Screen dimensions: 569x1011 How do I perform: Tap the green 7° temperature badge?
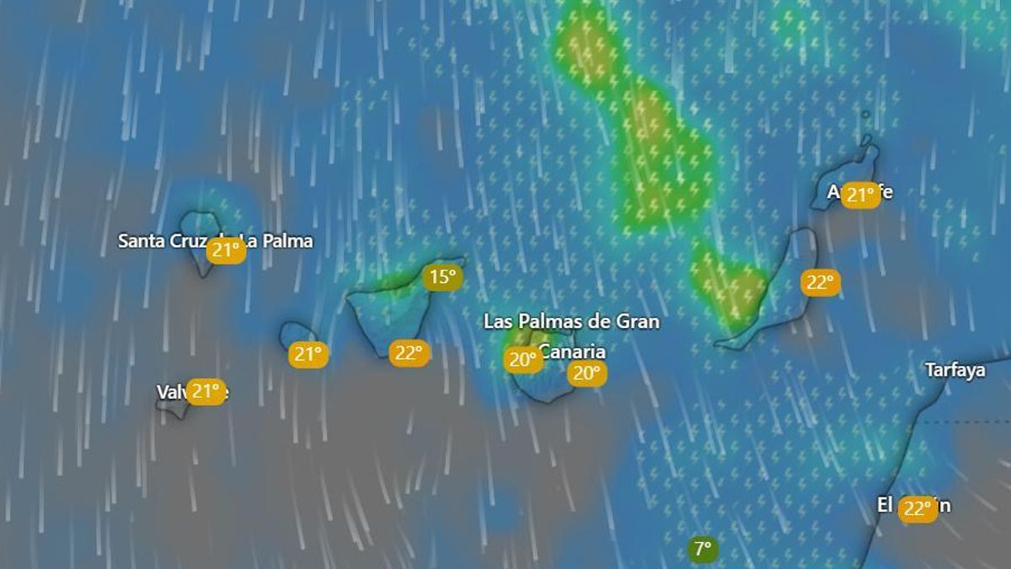703,550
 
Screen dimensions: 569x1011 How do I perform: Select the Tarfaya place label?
955,370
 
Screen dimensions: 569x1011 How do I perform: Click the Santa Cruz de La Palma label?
215,241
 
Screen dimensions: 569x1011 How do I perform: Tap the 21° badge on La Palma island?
226,250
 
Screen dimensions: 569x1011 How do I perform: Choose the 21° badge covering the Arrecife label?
861,196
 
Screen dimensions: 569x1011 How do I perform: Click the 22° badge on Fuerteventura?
820,282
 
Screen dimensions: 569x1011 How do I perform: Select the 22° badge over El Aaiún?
917,509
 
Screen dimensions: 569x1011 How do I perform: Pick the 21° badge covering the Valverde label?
206,391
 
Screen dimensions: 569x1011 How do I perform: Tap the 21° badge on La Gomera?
308,354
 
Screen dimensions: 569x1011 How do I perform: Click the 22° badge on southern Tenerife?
409,352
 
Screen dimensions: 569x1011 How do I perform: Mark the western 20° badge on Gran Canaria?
522,361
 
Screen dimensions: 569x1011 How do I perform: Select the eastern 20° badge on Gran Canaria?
586,373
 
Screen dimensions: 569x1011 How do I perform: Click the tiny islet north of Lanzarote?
866,115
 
